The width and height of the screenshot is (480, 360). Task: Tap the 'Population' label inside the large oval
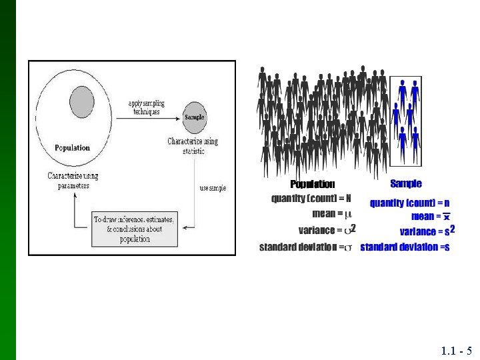point(72,147)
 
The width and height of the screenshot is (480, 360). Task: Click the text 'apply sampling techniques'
point(146,107)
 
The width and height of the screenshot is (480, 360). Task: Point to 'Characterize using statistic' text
point(193,146)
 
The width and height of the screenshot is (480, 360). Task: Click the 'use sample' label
point(213,189)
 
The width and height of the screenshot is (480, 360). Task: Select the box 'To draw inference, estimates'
point(135,229)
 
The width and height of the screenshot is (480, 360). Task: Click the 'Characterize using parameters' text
point(73,181)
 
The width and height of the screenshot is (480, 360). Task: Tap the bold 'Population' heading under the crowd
point(313,184)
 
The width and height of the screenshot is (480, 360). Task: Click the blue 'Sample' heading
point(406,183)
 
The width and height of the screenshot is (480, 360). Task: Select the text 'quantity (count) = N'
point(311,198)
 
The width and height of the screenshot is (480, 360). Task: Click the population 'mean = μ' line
point(332,214)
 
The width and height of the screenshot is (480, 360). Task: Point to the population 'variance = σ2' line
point(327,230)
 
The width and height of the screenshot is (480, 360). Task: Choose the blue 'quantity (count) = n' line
point(409,203)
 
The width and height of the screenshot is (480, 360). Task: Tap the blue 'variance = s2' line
point(427,231)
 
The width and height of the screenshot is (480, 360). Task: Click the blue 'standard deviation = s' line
point(405,247)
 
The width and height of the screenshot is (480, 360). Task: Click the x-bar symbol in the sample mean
point(447,216)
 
